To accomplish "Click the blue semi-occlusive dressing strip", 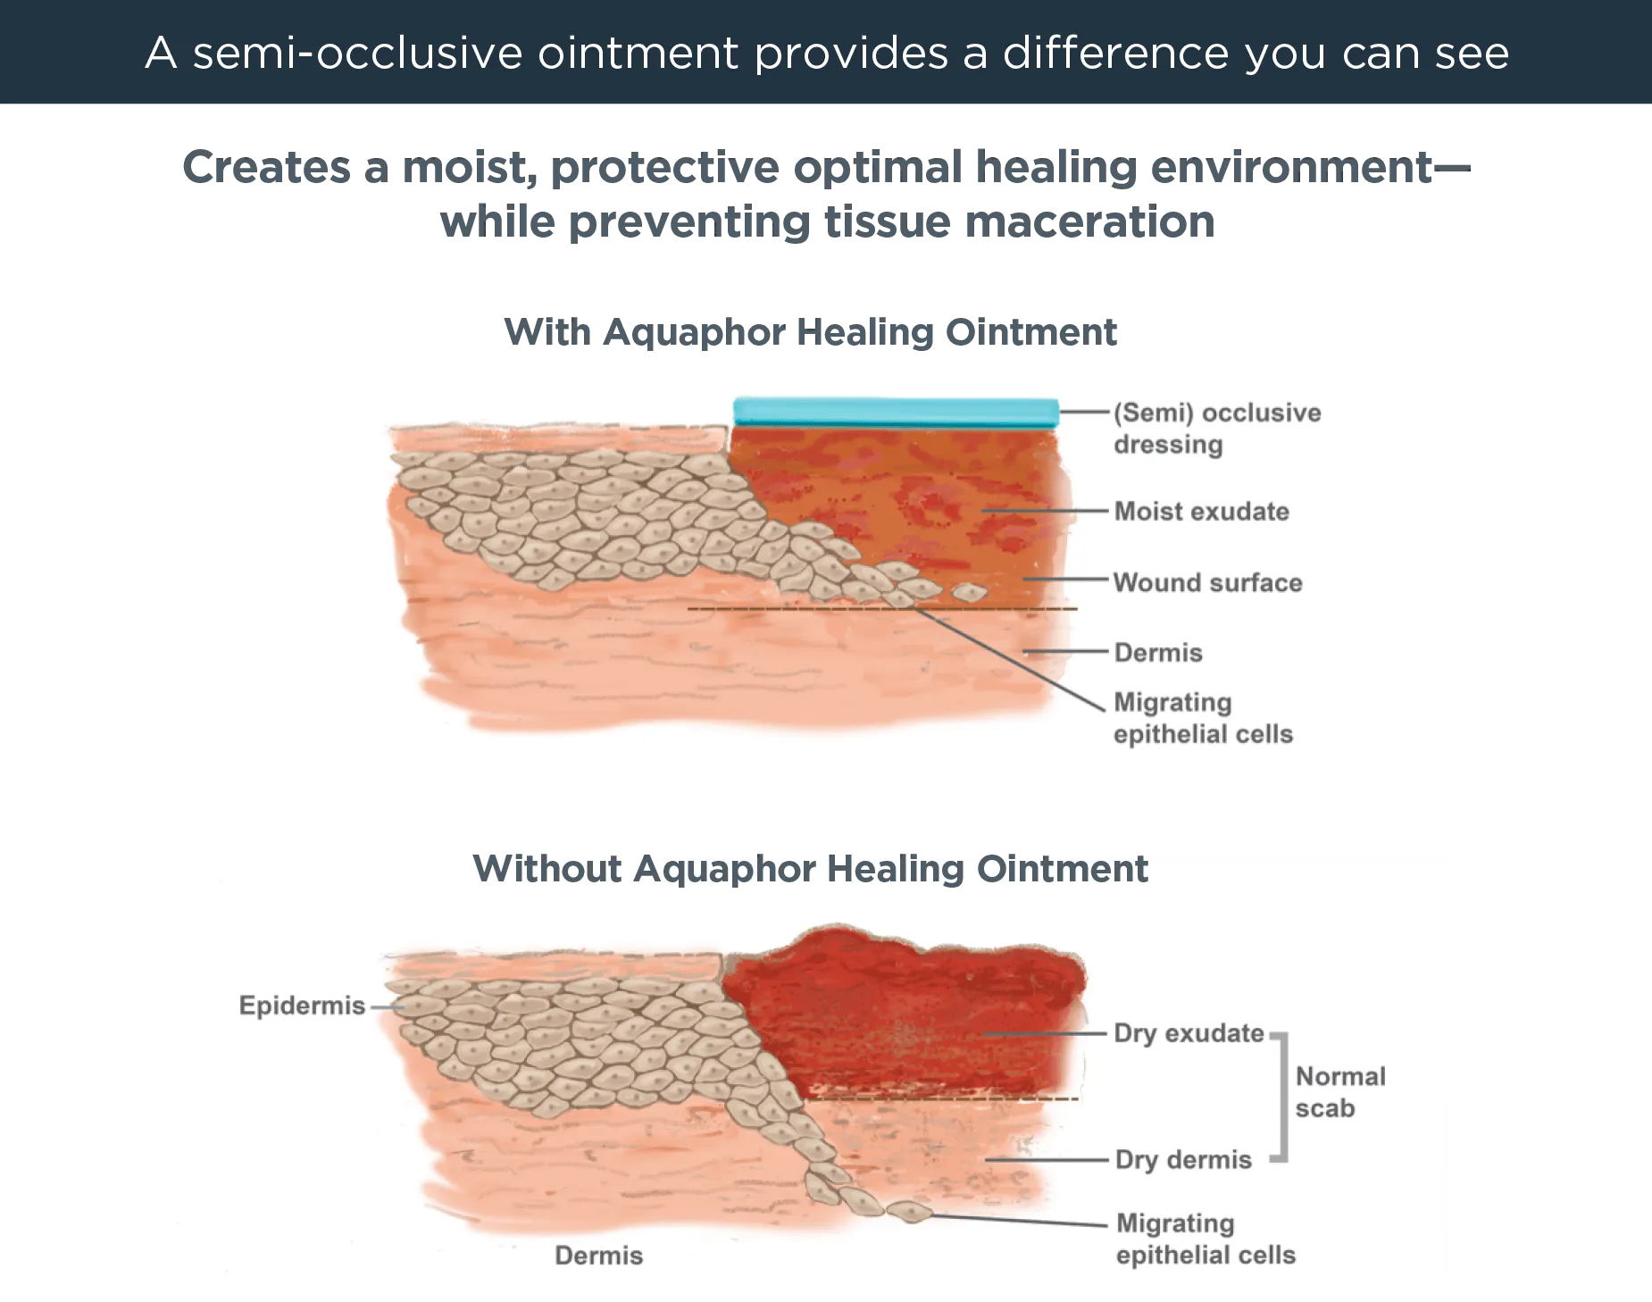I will (896, 412).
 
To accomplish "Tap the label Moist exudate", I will (1201, 512).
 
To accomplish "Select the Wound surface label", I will (1207, 583).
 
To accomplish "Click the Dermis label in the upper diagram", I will (1158, 653).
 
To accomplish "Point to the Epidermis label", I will (302, 1006).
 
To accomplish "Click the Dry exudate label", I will (1189, 1033).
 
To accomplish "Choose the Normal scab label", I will (1339, 1092).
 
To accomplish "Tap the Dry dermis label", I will (1183, 1160).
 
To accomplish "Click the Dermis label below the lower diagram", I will (598, 1256).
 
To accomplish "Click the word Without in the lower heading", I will (546, 869).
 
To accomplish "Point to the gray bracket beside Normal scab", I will (1282, 1098).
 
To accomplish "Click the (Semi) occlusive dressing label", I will (1216, 429).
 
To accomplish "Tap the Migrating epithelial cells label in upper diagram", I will (1202, 718).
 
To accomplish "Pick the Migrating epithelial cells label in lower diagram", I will (1205, 1239).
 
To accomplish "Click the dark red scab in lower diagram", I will (902, 1009).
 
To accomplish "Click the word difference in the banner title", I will (1115, 54).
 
